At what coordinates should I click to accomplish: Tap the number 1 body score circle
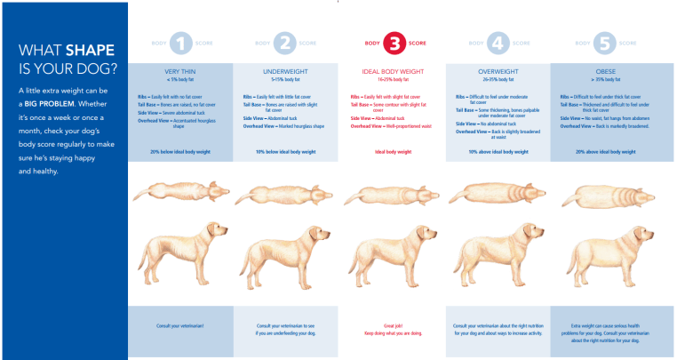click(180, 43)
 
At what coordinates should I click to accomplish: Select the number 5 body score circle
click(602, 43)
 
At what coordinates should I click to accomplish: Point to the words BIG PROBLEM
click(49, 103)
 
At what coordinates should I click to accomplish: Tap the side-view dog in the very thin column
click(180, 253)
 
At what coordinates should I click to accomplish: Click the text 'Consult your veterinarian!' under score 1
click(180, 327)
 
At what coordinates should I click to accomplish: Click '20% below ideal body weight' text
click(180, 152)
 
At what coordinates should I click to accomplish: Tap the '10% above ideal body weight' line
click(498, 152)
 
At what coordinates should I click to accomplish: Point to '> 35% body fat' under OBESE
click(602, 79)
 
